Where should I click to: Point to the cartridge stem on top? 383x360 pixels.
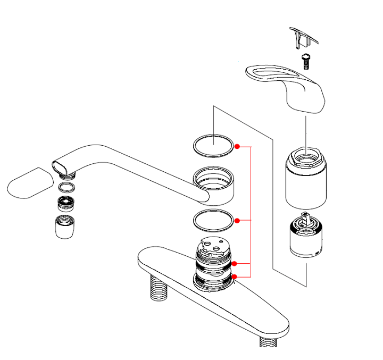[305, 220]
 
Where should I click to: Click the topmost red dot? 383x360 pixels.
[237, 146]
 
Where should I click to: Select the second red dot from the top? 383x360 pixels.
[237, 220]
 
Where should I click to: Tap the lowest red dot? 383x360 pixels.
[234, 276]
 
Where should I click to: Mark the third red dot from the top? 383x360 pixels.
[234, 264]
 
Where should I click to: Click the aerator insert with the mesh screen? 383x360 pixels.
[65, 203]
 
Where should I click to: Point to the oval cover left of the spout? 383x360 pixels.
[30, 183]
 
